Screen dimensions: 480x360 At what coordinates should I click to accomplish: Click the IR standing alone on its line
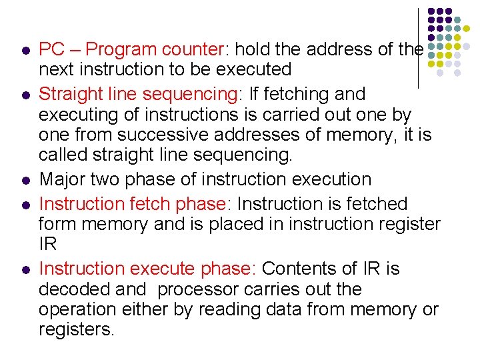coord(48,244)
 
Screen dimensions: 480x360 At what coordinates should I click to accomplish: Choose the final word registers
coord(77,330)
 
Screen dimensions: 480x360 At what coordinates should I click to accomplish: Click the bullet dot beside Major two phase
coord(25,181)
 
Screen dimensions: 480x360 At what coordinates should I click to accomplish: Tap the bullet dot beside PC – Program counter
coord(25,51)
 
